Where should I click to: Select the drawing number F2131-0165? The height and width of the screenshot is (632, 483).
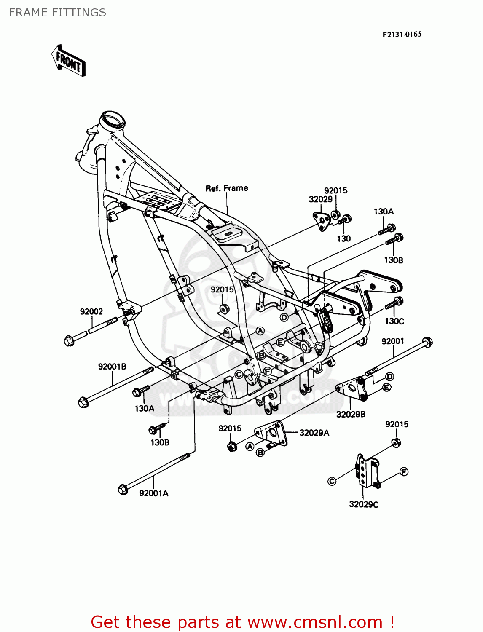point(402,35)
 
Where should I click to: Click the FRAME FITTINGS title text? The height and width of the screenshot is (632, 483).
point(57,13)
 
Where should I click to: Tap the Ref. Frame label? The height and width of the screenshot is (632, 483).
point(226,188)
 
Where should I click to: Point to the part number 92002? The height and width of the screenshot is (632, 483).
point(91,311)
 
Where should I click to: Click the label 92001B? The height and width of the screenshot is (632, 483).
point(112,367)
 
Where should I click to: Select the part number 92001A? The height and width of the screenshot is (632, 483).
point(153,493)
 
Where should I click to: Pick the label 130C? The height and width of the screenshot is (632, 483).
point(394,321)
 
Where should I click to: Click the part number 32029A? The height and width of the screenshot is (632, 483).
point(314,433)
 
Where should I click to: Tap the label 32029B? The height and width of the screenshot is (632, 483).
point(351,414)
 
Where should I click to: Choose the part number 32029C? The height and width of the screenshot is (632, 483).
point(363,504)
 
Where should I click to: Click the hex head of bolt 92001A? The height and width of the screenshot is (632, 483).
point(123,489)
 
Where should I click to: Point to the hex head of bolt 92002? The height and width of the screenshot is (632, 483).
point(69,340)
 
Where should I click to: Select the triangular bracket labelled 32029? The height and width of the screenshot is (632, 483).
point(321,221)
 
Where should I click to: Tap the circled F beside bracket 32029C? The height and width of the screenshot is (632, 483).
point(404,472)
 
